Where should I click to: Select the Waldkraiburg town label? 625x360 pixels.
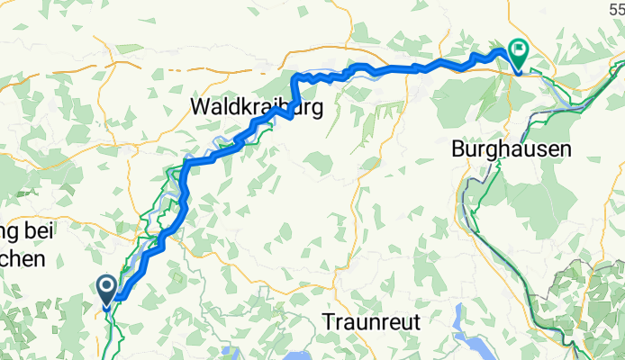[257, 107]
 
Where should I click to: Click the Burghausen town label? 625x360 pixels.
[512, 150]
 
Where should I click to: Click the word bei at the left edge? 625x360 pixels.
[49, 234]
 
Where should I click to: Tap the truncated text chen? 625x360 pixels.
[22, 260]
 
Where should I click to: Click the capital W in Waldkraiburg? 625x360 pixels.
[200, 107]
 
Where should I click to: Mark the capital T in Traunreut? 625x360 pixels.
[329, 321]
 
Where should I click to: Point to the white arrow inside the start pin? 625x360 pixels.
[106, 287]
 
